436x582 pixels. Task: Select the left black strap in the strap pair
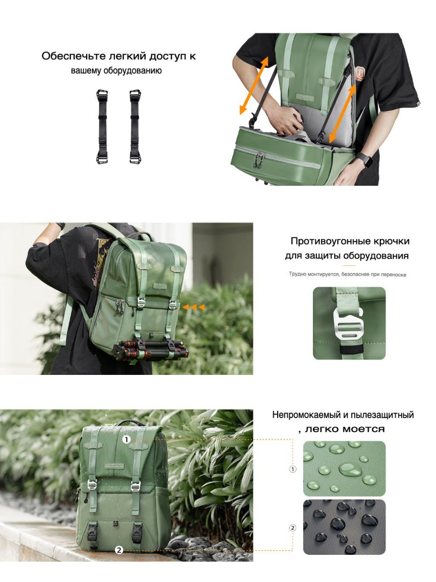[x=102, y=127]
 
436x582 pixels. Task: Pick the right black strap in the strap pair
[x=135, y=127]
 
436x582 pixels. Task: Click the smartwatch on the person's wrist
[x=365, y=160]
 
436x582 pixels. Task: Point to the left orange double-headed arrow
[x=254, y=86]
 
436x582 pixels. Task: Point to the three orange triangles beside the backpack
[x=194, y=307]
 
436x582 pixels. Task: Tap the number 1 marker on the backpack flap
[x=126, y=439]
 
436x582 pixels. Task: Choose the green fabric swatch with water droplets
[x=344, y=469]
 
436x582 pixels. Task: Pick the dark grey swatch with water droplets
[x=344, y=527]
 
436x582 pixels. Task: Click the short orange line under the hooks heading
[x=349, y=265]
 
